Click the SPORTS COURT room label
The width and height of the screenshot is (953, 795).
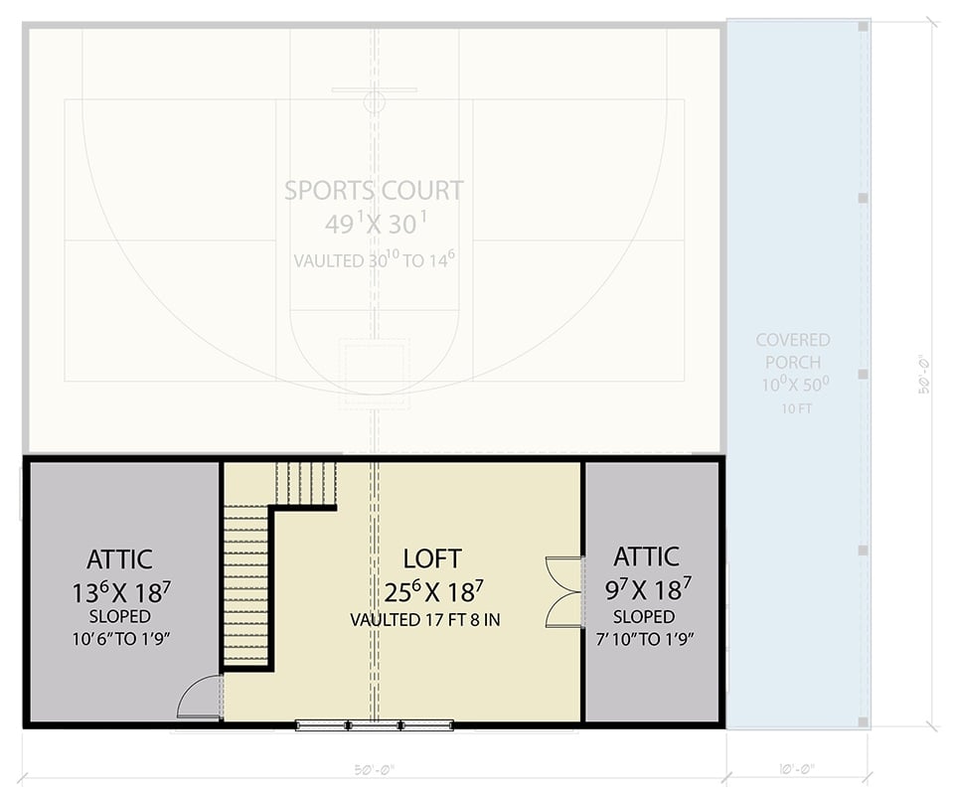tap(374, 190)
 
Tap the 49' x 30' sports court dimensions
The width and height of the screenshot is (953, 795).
tap(374, 225)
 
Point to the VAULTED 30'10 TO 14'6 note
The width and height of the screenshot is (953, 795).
tap(374, 261)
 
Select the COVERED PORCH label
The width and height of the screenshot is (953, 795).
tap(792, 351)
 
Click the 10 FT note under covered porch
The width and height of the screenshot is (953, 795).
tap(792, 408)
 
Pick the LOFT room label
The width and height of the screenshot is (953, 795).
tap(431, 557)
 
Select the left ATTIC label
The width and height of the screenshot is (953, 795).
tap(119, 559)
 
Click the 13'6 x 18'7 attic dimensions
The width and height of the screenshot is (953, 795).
tap(119, 592)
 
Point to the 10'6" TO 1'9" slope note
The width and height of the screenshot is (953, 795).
tap(119, 638)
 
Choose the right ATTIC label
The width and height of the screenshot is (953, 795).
tap(646, 556)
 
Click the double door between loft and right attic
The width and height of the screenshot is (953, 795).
tap(564, 592)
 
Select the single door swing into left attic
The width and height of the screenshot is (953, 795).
tap(201, 698)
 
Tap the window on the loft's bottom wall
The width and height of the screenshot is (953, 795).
tap(374, 725)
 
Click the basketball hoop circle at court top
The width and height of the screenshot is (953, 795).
tap(374, 101)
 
